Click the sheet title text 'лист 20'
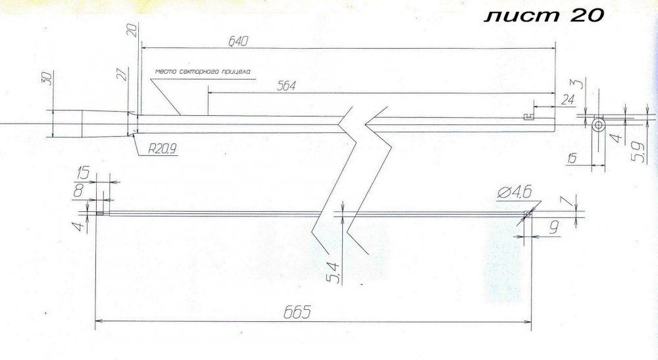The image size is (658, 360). click(x=544, y=16)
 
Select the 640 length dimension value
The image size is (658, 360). click(x=238, y=41)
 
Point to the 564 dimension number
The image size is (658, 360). click(x=286, y=86)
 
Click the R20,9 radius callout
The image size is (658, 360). click(x=162, y=149)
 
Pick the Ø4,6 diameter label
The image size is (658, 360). click(x=515, y=193)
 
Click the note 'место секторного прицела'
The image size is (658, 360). click(x=203, y=71)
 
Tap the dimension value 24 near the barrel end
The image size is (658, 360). click(x=567, y=99)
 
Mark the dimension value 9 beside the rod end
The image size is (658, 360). click(x=554, y=228)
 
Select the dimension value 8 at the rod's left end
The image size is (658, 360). click(x=78, y=191)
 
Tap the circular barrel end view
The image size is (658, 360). click(x=599, y=124)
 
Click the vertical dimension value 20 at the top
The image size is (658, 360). click(x=132, y=30)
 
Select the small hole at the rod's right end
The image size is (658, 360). click(x=528, y=214)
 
